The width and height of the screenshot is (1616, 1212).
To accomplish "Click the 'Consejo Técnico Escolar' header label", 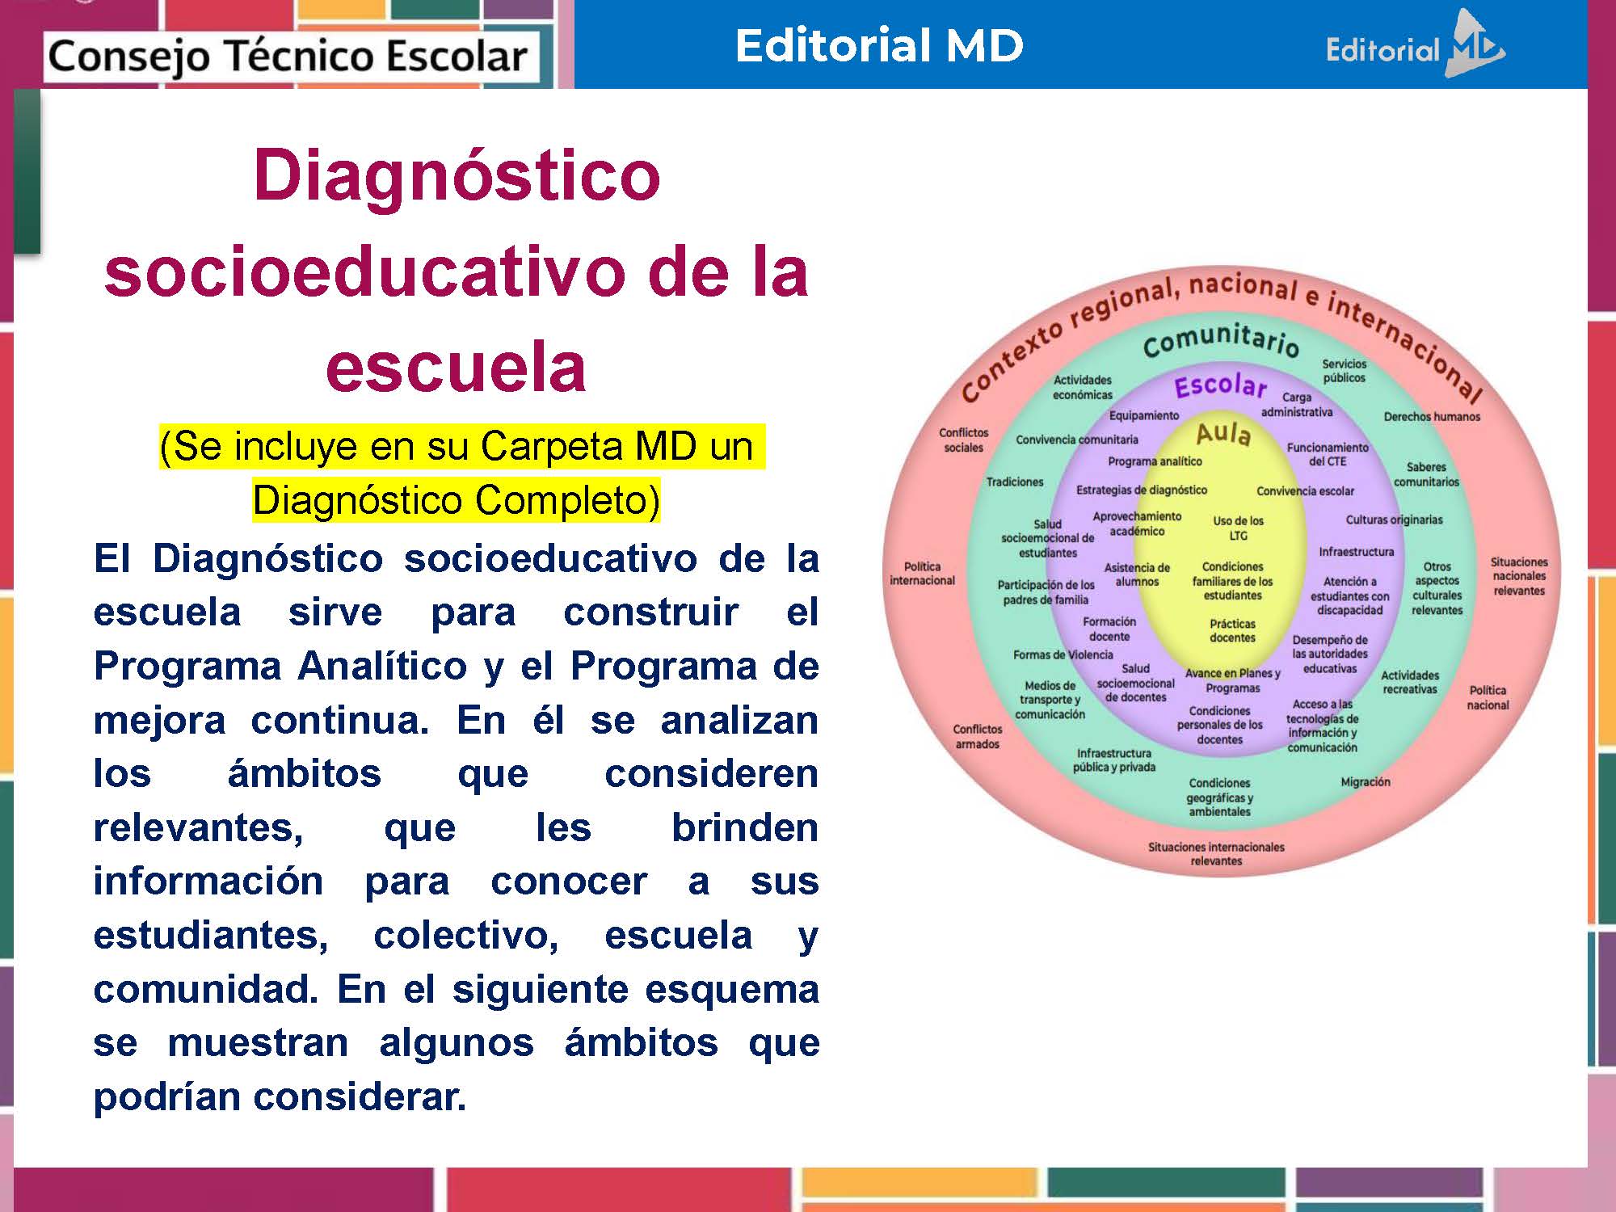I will (x=288, y=57).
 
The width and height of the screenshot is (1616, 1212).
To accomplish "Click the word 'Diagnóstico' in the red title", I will (x=457, y=175).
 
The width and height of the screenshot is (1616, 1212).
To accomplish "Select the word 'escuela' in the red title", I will (x=456, y=368).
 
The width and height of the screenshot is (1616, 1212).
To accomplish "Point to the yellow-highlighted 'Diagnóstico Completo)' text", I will (x=456, y=500).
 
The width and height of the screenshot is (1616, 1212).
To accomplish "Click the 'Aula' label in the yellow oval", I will (x=1223, y=434).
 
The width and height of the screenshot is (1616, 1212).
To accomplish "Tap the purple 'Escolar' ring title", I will (x=1220, y=386).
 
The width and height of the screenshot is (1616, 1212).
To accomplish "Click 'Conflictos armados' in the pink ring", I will (x=977, y=736).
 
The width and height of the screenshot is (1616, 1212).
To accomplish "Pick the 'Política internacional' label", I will (x=922, y=573).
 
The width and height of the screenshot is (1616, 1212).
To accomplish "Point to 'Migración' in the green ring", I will (x=1366, y=781).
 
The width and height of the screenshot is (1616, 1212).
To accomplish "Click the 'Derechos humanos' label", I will (x=1432, y=417).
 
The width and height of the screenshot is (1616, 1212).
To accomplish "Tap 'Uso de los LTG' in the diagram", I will (x=1238, y=528).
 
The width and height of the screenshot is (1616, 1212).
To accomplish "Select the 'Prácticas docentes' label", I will (x=1232, y=630).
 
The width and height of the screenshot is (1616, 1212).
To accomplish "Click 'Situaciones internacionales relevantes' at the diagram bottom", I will (x=1216, y=853).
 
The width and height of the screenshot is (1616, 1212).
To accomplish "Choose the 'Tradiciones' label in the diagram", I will (x=1015, y=482).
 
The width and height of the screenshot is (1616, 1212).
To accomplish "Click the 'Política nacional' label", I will (x=1488, y=697).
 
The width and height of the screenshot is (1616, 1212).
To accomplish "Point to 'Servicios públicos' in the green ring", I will (x=1344, y=371).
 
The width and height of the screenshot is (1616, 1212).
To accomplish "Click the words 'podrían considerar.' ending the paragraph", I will (x=280, y=1096).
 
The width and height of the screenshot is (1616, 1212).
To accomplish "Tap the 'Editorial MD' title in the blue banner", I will (x=879, y=45).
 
